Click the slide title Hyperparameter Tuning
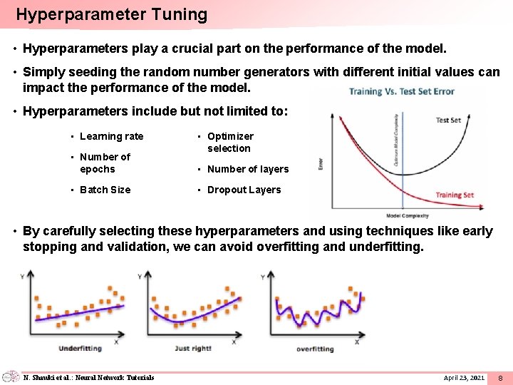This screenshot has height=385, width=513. click(111, 14)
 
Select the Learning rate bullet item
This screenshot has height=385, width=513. click(111, 136)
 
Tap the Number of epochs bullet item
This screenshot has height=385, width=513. click(105, 163)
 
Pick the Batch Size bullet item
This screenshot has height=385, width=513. click(105, 190)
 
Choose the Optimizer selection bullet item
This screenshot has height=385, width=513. click(230, 142)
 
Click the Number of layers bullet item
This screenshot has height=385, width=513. click(247, 169)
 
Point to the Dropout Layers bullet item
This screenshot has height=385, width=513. click(244, 190)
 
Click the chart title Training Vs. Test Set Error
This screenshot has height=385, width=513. click(401, 91)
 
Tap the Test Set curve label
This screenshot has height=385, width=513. click(447, 120)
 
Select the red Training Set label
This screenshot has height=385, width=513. click(454, 195)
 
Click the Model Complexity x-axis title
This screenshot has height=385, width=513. click(407, 215)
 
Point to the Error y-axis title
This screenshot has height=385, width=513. click(321, 163)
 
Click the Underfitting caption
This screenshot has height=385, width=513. click(80, 349)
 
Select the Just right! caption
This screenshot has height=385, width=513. click(192, 349)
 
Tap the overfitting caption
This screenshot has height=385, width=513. click(314, 349)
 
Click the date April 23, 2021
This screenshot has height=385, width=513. click(464, 376)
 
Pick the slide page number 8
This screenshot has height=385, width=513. click(500, 376)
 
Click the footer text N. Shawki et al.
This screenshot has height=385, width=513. click(88, 376)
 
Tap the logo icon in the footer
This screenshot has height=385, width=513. click(11, 376)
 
